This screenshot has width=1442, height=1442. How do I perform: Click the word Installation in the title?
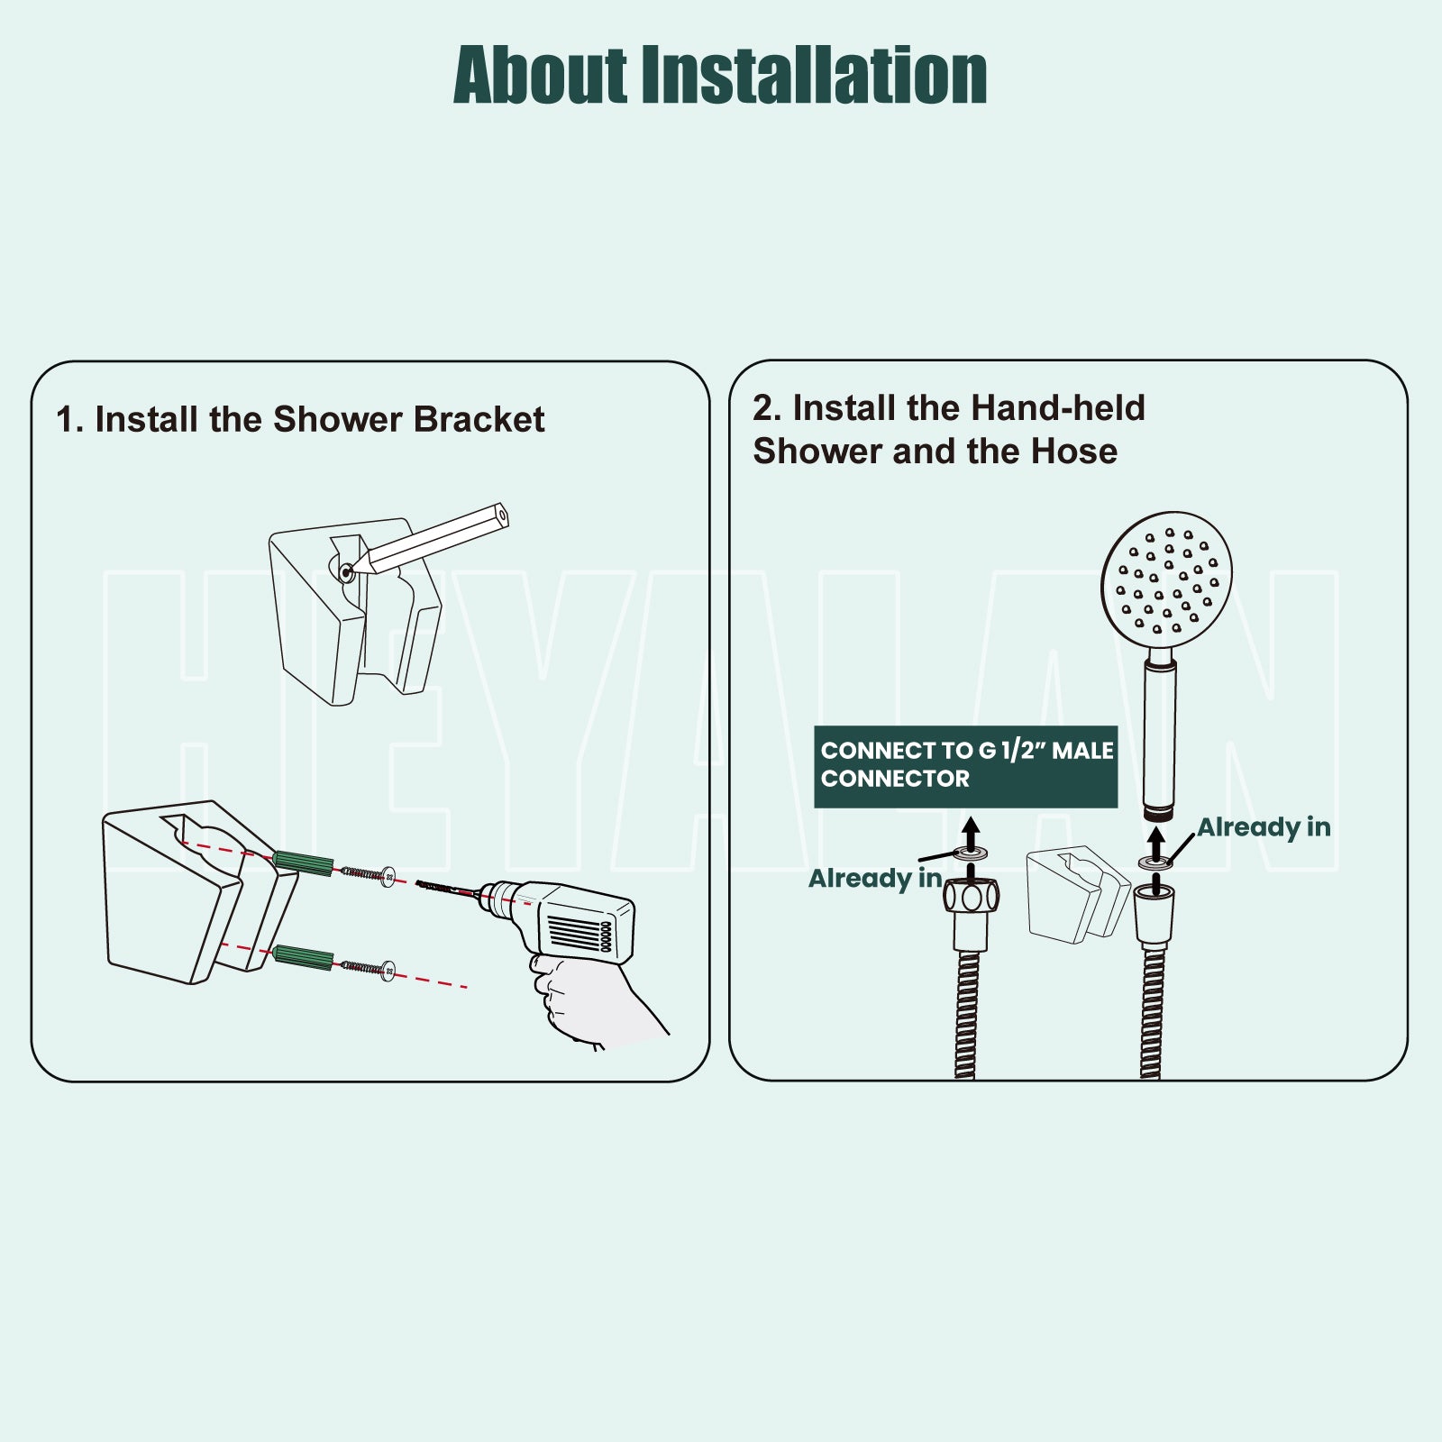[x=814, y=76]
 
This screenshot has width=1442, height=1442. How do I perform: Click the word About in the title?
[x=541, y=76]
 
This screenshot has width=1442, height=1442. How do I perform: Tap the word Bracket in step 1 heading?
[x=479, y=420]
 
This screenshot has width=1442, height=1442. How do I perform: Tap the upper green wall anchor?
[x=303, y=862]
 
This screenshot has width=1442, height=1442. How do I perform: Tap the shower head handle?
[x=1160, y=739]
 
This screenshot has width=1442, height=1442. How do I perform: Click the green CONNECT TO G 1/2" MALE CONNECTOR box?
[x=966, y=766]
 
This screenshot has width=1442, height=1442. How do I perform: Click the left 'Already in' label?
[x=875, y=878]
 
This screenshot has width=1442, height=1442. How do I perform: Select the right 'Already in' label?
[x=1264, y=827]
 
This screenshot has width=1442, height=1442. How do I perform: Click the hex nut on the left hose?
[x=972, y=897]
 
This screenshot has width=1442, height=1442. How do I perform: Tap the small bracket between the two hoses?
[x=1078, y=895]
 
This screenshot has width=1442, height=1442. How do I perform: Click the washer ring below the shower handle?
[x=1155, y=862]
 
